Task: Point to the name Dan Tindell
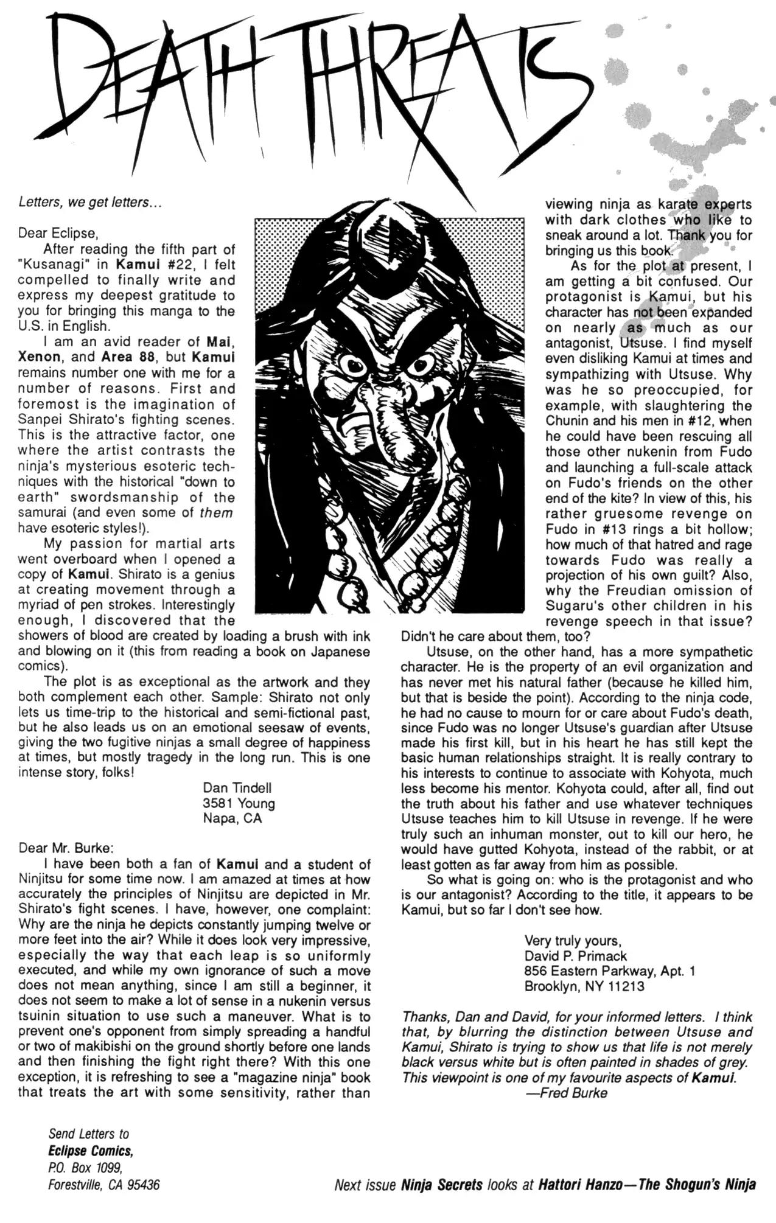237,788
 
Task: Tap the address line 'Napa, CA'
232,818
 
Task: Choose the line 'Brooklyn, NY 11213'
584,986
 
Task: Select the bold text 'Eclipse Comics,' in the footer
91,1151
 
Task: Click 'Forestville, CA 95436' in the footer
104,1185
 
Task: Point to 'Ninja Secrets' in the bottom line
441,1185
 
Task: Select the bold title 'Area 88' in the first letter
127,357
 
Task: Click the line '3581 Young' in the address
239,803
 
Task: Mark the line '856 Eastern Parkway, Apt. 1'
610,971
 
